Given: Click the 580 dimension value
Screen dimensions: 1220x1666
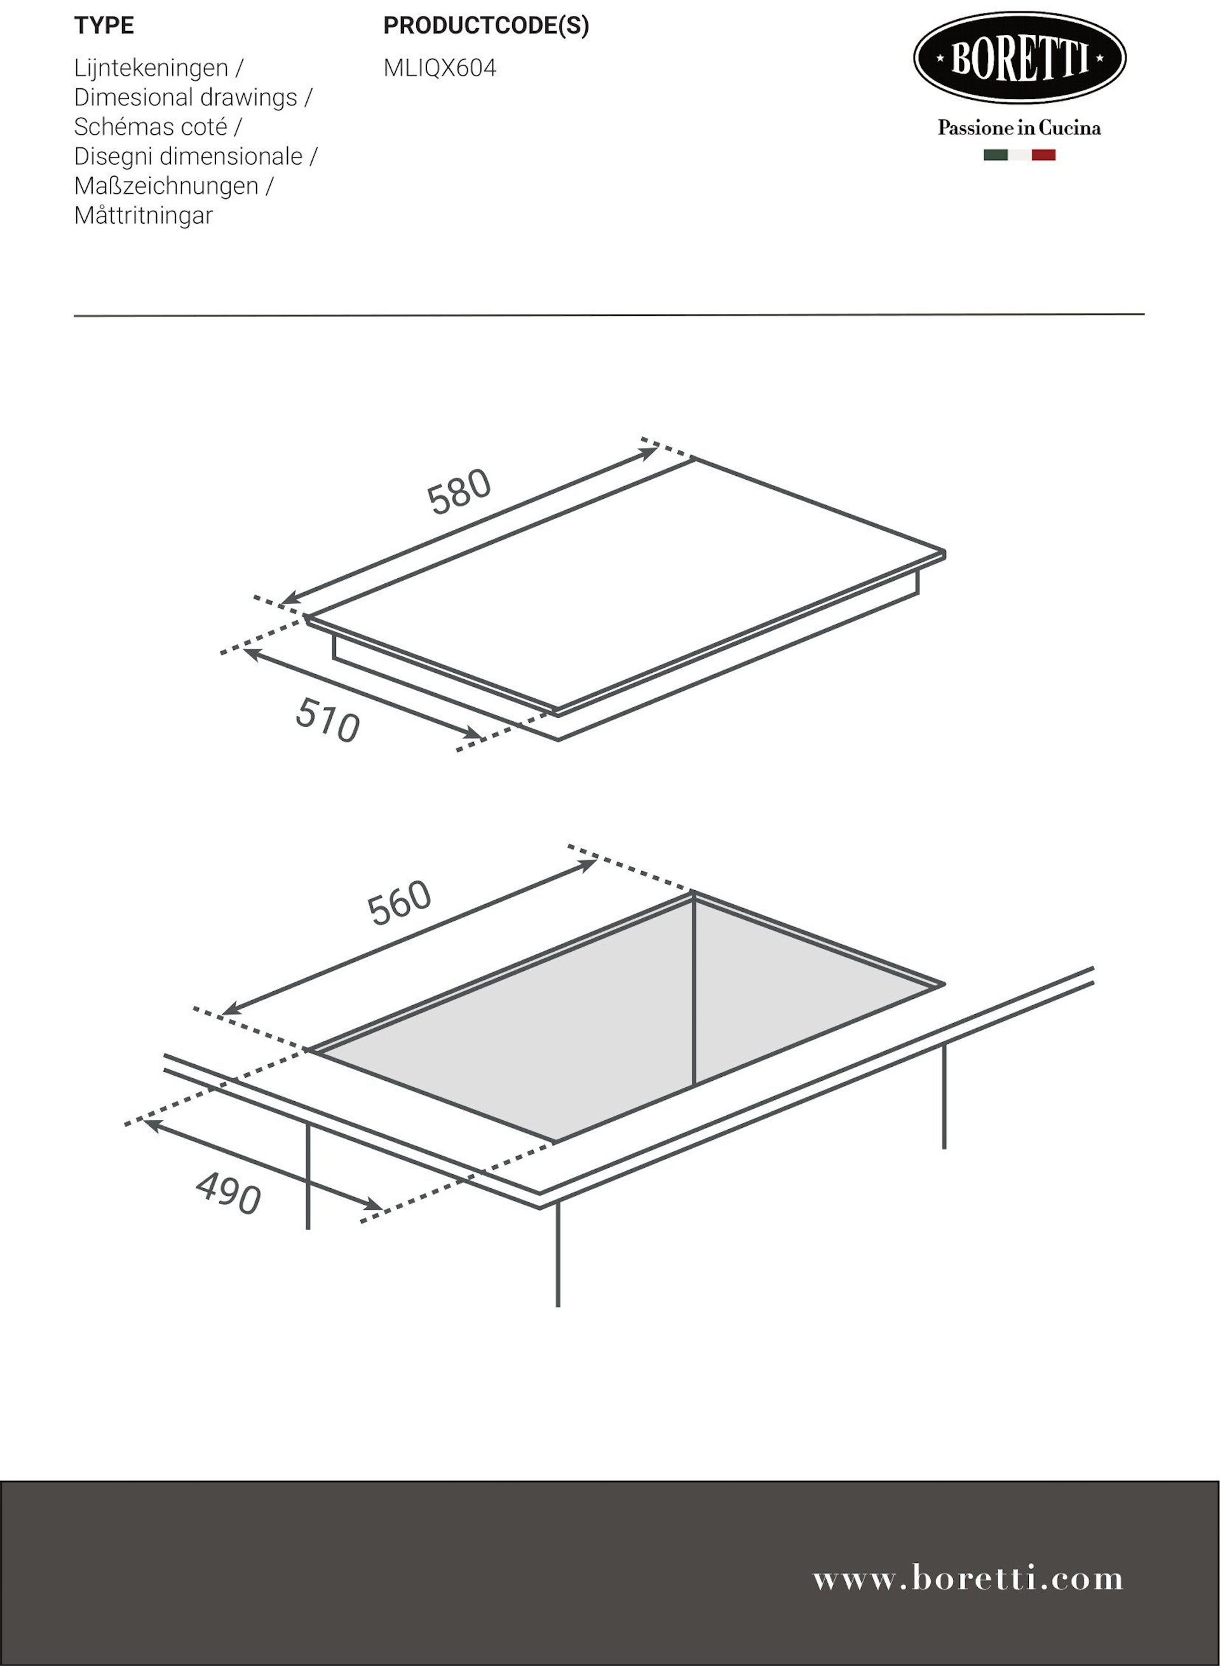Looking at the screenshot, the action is click(x=459, y=491).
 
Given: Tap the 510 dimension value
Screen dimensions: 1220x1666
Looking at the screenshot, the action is click(x=328, y=720).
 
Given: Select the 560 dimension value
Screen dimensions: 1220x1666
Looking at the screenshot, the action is click(x=400, y=902).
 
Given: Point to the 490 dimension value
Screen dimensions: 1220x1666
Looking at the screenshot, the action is click(x=228, y=1193).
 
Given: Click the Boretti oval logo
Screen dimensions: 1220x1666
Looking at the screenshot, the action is click(x=1020, y=58).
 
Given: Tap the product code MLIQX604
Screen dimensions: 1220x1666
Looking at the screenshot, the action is click(x=440, y=68).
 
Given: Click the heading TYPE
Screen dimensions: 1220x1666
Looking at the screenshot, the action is click(x=104, y=26).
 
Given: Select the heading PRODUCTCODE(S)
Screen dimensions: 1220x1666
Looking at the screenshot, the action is click(x=487, y=26).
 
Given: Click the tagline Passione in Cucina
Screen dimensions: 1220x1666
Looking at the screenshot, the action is click(x=1019, y=128).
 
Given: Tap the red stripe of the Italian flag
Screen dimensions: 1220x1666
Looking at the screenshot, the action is click(x=1043, y=155).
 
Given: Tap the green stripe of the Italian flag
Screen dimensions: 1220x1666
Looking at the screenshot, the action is click(x=996, y=155).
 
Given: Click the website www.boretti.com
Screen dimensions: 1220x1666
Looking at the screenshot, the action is click(x=968, y=1578).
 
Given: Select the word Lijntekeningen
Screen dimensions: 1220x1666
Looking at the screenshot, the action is click(x=151, y=69).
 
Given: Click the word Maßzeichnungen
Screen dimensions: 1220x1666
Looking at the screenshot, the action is click(x=166, y=187).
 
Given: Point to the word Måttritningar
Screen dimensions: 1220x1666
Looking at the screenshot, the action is click(x=143, y=215).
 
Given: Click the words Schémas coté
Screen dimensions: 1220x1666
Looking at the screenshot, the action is click(x=151, y=127).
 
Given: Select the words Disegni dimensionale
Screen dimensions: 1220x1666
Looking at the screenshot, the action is click(x=188, y=156).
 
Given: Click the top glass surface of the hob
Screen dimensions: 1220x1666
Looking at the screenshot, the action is click(x=625, y=583).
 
